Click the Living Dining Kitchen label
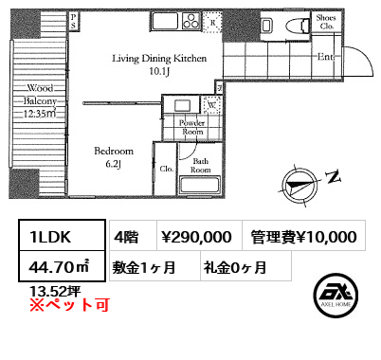[x=159, y=64]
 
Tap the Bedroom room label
[x=114, y=157]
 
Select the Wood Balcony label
[x=40, y=100]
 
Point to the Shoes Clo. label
[x=326, y=22]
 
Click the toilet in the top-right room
[x=297, y=25]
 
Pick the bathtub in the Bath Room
[x=199, y=185]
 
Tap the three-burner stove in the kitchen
[x=191, y=21]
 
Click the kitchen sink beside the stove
[x=166, y=21]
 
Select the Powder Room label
[x=192, y=127]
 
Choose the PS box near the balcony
[x=73, y=21]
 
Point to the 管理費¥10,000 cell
[x=304, y=236]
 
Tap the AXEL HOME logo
[x=336, y=296]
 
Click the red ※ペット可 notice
[x=69, y=305]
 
